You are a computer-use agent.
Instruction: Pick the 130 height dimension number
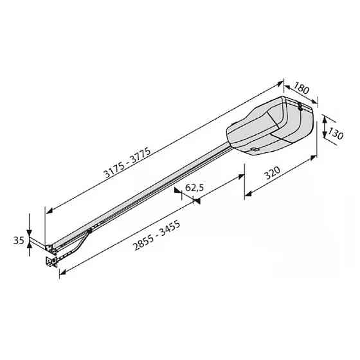pos(336,133)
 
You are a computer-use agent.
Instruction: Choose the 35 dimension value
pos(18,240)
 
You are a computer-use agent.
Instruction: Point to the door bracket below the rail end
pos(51,262)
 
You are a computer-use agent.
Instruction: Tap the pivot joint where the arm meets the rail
pos(89,231)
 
